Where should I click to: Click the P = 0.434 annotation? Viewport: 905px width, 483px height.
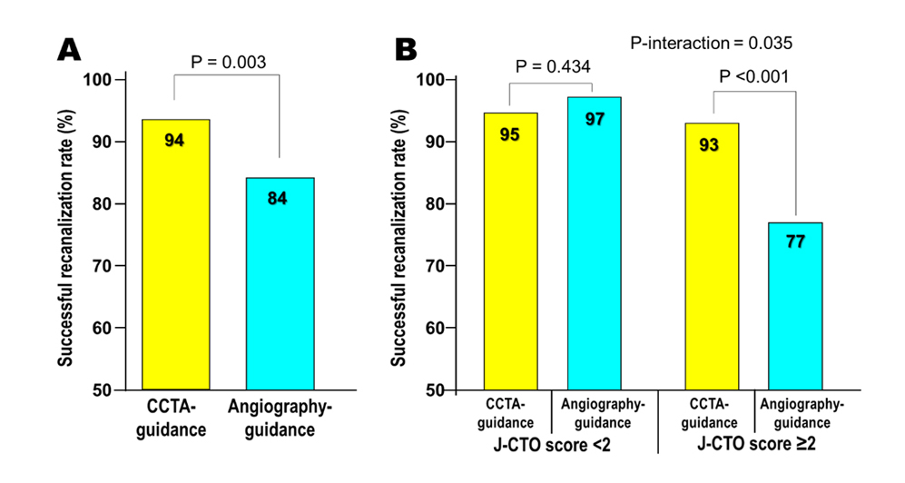click(x=552, y=66)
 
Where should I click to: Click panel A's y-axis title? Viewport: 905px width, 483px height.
click(x=66, y=234)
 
